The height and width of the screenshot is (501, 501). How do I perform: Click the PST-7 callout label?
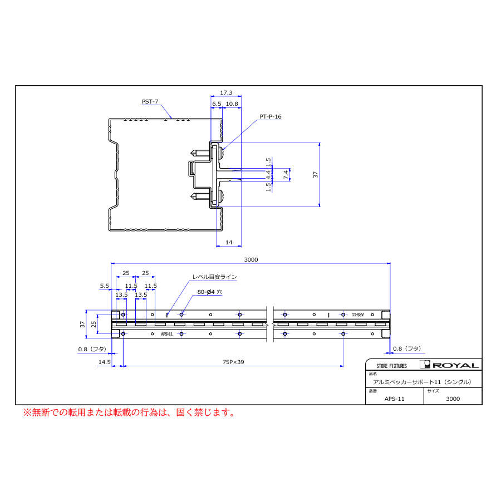(150, 101)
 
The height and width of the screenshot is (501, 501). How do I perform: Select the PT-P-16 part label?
(271, 117)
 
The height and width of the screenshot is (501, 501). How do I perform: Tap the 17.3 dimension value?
(225, 93)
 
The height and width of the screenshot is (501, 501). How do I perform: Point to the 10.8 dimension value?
(232, 104)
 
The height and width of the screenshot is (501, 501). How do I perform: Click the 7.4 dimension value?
(286, 174)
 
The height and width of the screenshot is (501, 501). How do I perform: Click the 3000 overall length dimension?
(250, 259)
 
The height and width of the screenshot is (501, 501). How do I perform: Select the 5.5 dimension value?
(105, 286)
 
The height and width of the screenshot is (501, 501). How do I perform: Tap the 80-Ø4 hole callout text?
(209, 292)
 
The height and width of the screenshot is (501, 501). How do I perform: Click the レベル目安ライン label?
(214, 277)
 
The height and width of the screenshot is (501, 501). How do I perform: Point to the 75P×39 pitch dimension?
(233, 362)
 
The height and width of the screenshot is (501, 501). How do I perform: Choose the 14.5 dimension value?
(104, 362)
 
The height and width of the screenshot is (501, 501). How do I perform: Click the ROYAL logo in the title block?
(451, 365)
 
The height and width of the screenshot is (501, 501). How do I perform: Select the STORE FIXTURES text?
(391, 366)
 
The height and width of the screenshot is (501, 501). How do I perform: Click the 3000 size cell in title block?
(453, 399)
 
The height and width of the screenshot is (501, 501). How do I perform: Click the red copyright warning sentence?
(128, 412)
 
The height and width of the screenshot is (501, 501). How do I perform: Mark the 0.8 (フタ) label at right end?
(406, 348)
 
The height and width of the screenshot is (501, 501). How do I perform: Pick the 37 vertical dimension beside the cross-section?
(316, 174)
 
